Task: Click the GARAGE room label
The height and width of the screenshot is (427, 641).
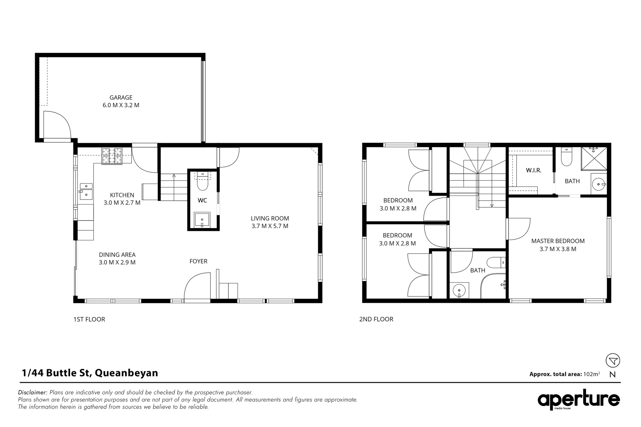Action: click(x=121, y=98)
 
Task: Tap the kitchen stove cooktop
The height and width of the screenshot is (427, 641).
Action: click(x=112, y=156)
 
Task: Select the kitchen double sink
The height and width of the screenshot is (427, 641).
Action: click(x=86, y=192)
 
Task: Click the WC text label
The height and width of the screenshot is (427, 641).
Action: click(x=202, y=200)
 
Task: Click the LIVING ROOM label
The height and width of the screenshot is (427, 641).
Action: click(x=270, y=219)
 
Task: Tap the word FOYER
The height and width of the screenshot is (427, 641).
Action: click(x=198, y=261)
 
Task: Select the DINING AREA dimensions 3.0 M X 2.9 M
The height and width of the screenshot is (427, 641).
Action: click(x=117, y=262)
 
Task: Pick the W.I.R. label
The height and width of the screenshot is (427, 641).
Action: click(x=534, y=170)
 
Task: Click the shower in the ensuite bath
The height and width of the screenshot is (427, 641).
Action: click(x=594, y=158)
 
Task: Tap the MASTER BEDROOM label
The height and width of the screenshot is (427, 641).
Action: click(x=558, y=241)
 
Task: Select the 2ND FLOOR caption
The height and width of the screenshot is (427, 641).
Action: click(x=376, y=319)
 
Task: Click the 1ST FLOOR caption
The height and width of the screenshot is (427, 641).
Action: click(x=89, y=319)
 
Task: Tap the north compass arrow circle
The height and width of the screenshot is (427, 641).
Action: click(x=613, y=360)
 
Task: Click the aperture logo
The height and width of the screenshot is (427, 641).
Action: click(x=578, y=400)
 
